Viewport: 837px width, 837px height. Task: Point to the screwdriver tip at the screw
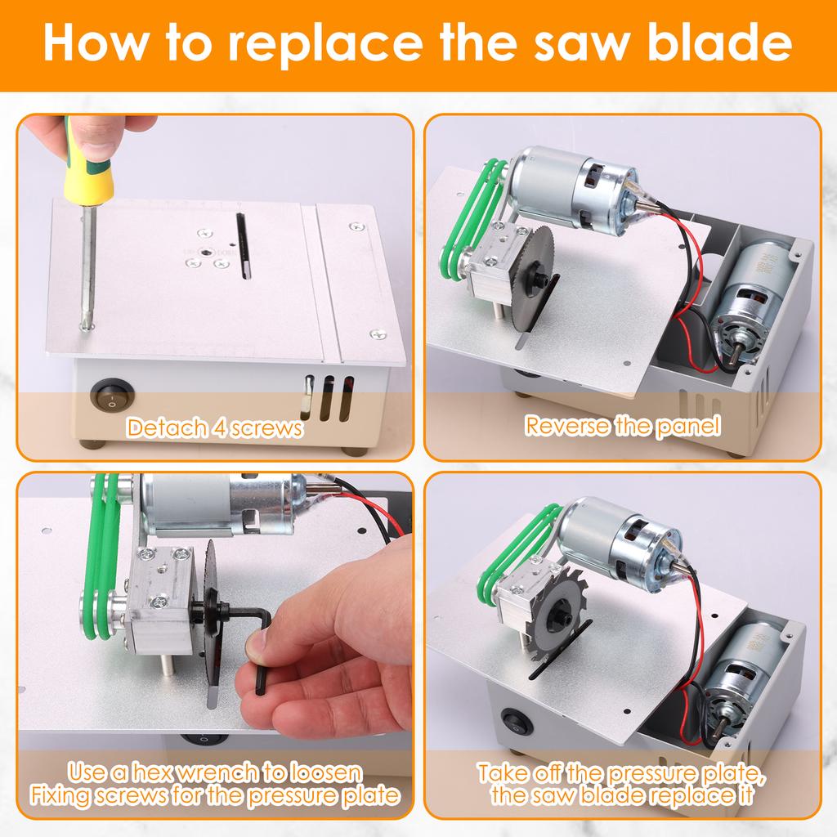click(83, 323)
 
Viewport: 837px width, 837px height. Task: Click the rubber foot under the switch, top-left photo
click(95, 444)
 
